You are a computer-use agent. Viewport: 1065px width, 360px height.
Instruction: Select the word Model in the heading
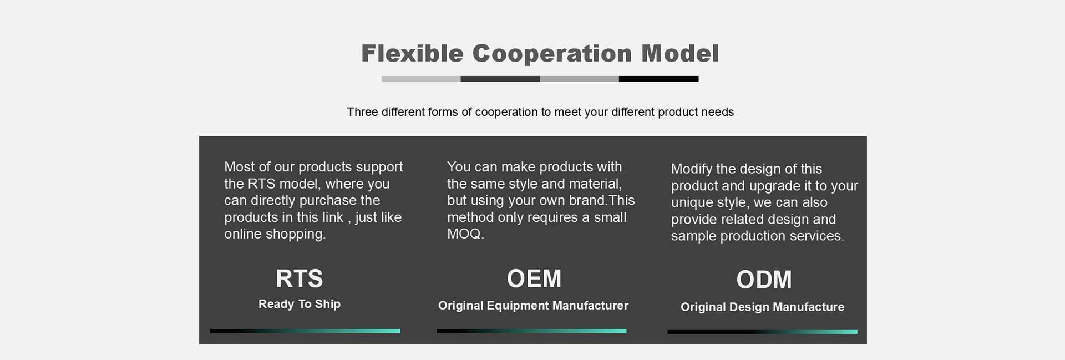[x=680, y=54]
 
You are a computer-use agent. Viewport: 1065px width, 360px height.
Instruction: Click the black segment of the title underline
[x=658, y=79]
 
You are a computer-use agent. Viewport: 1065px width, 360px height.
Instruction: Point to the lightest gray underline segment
[x=421, y=79]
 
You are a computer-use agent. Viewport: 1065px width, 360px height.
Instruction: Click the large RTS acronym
[x=300, y=278]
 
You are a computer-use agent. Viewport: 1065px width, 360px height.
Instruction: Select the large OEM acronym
[x=534, y=278]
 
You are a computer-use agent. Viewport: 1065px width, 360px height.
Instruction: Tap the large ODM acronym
[x=764, y=280]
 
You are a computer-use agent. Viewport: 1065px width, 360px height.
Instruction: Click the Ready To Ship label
[x=300, y=304]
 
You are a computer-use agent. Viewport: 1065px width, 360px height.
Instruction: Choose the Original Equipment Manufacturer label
[x=533, y=306]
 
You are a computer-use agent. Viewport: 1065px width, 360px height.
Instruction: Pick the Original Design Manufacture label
[x=762, y=307]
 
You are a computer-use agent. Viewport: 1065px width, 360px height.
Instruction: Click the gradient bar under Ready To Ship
[x=305, y=331]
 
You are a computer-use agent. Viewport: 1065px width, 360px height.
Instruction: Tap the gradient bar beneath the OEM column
[x=531, y=331]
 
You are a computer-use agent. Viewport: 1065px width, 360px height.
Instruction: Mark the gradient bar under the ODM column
[x=762, y=332]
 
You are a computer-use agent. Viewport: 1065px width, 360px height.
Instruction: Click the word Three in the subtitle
[x=362, y=112]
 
